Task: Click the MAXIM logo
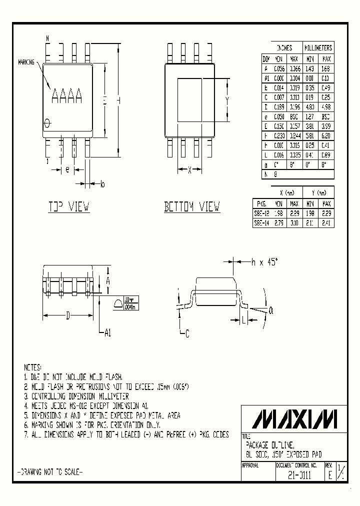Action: point(294,417)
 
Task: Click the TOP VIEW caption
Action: point(69,206)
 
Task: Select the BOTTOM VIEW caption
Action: point(192,206)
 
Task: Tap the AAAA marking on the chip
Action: point(67,95)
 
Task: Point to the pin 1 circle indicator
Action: point(47,122)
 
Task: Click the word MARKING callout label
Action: point(26,62)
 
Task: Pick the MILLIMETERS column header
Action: point(318,48)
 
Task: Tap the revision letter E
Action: point(329,476)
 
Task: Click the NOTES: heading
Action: point(33,367)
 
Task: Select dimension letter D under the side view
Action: point(68,315)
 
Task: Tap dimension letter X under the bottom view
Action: point(189,170)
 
